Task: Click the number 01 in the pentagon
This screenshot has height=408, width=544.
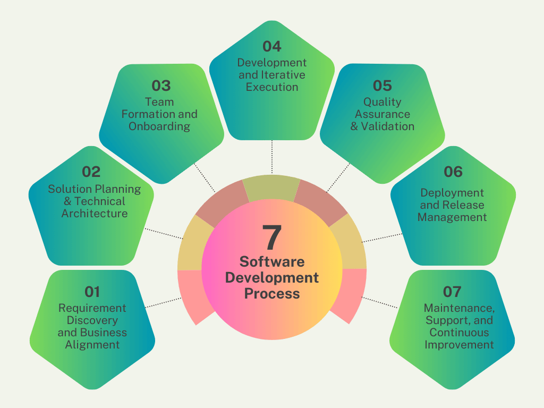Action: tap(92, 291)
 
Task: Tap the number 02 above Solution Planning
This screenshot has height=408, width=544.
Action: tap(91, 172)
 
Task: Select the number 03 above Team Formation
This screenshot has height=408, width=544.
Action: tap(161, 86)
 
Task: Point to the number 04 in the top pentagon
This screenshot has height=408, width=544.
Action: tap(271, 47)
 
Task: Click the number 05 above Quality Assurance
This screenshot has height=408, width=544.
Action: tap(382, 86)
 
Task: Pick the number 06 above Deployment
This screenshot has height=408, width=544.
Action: tap(453, 172)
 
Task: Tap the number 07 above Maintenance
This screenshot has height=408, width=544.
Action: tap(452, 291)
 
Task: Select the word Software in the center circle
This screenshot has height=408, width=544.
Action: tap(271, 261)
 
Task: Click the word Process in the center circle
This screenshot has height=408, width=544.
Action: tap(271, 293)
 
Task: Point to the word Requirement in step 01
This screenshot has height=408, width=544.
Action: tap(92, 308)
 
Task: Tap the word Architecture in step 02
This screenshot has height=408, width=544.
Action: tap(95, 214)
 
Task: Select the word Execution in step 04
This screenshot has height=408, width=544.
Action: tap(271, 87)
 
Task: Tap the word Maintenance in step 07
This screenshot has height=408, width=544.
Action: tap(459, 308)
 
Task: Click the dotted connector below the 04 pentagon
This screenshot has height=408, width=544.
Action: tap(271, 157)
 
